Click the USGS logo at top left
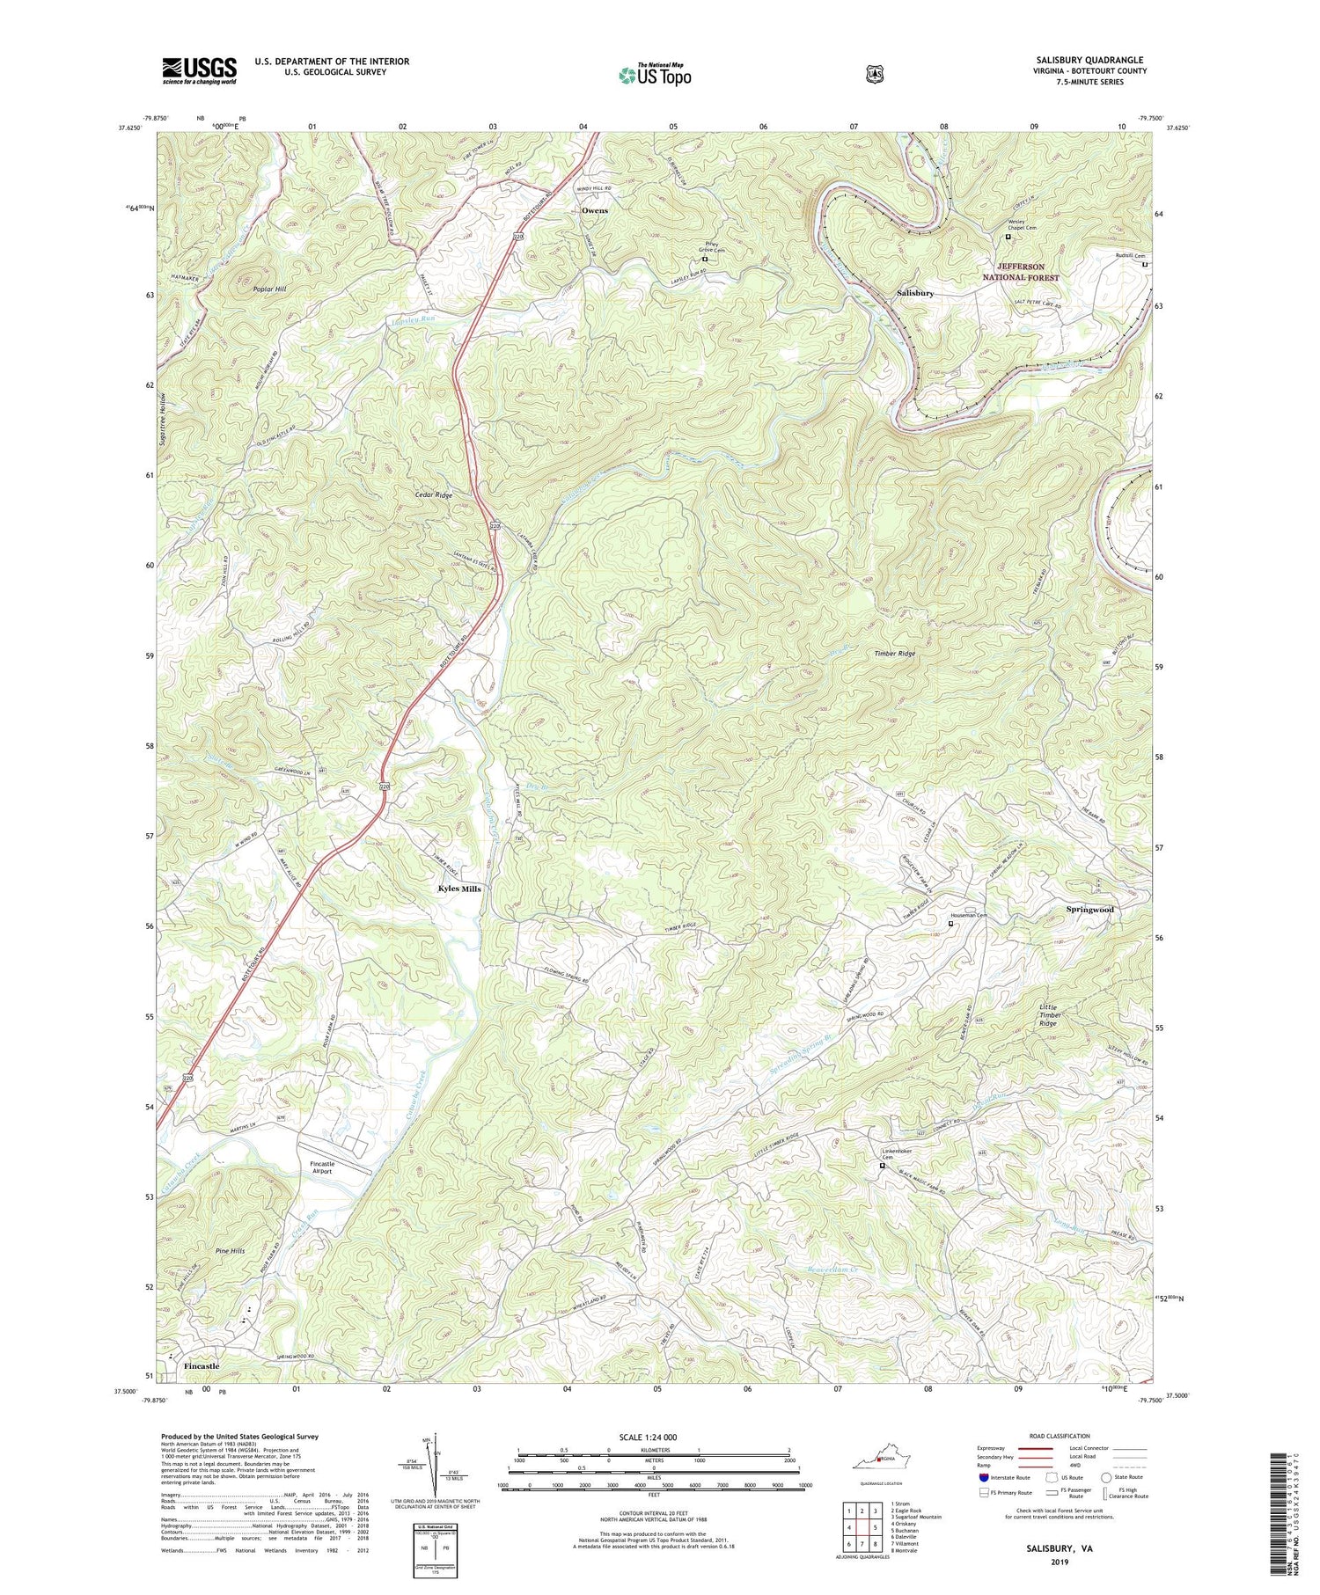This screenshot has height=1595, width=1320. [x=199, y=70]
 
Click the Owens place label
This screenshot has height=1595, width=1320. [x=595, y=211]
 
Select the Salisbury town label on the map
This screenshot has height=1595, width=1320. [x=915, y=293]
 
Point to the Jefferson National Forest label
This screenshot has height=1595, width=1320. [x=1021, y=272]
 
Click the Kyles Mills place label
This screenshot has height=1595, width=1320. [x=459, y=889]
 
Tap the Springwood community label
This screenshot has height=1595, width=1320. [x=1090, y=909]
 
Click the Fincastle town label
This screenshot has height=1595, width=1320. [x=202, y=1366]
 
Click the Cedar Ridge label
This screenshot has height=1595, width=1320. [x=434, y=495]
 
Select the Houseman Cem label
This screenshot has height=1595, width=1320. [x=969, y=916]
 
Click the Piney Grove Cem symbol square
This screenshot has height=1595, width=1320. [x=704, y=260]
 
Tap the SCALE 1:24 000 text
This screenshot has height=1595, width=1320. [x=654, y=1437]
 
